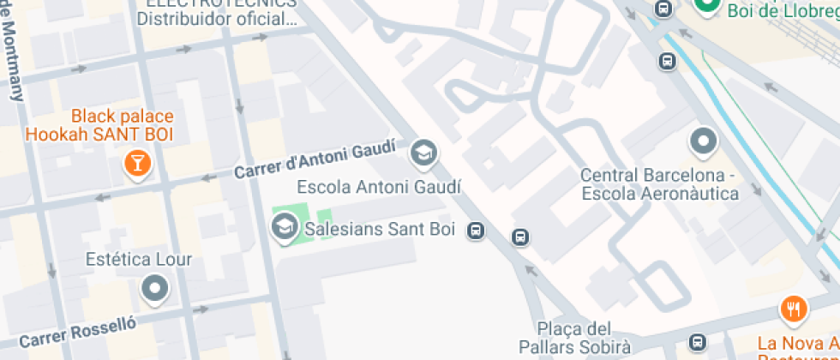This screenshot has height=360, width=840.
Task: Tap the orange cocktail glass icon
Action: (135, 163)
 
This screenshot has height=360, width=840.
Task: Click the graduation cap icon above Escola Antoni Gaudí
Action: (423, 153)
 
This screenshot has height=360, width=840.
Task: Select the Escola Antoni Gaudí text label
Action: (379, 187)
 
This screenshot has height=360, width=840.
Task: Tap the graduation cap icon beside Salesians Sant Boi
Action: (282, 228)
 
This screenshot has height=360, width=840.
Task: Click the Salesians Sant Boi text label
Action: (379, 229)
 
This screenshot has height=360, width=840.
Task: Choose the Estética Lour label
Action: (139, 259)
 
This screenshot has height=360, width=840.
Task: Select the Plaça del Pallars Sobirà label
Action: (573, 338)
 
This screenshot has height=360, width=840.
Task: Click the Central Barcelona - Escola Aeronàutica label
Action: (659, 184)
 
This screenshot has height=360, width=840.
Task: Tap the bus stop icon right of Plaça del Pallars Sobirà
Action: (698, 343)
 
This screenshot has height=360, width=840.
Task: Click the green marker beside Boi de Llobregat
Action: (707, 7)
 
